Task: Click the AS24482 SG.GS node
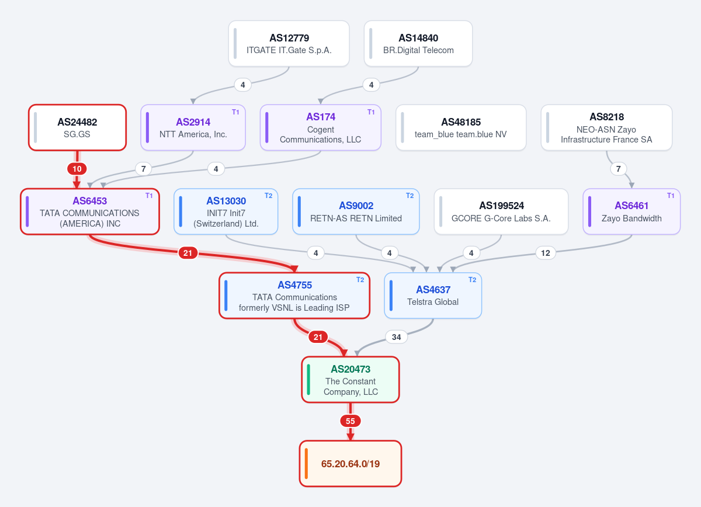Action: point(77,127)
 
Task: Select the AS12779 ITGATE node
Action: point(289,43)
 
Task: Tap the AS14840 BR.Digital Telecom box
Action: point(418,43)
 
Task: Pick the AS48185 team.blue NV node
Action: point(461,127)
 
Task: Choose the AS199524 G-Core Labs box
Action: point(501,211)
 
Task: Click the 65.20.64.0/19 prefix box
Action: point(350,464)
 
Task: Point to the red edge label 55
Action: point(350,421)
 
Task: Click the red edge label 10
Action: point(77,169)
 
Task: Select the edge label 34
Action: point(397,337)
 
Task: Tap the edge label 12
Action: point(546,253)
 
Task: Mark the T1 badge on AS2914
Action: point(235,112)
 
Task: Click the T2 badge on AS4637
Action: point(472,279)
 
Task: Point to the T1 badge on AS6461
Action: point(671,196)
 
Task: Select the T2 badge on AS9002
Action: point(410,196)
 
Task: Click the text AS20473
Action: point(350,369)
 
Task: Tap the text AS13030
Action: point(226,200)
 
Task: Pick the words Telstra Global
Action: point(433,302)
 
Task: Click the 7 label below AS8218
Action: point(619,169)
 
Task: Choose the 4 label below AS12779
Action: point(243,85)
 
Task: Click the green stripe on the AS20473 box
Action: point(308,379)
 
